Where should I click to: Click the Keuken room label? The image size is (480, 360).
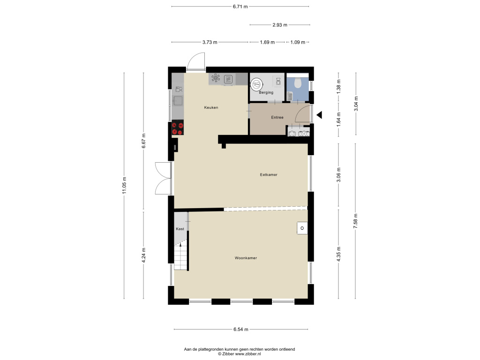point(211,107)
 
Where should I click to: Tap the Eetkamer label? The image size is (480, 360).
point(269,175)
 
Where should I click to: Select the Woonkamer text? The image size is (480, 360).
point(246,258)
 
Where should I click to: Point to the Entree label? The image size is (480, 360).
point(277,117)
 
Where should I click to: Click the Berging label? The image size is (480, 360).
point(266,92)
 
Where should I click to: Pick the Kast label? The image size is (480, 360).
point(180,229)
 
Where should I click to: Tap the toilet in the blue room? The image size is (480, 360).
point(298,82)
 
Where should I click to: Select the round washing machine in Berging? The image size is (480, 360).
point(256,84)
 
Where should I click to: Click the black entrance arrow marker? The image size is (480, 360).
point(319,115)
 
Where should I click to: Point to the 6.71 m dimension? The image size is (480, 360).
point(240,7)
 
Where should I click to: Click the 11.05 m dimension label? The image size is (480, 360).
point(124,186)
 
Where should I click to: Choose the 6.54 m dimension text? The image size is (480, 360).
point(241,330)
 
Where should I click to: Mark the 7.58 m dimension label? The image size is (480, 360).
point(355,221)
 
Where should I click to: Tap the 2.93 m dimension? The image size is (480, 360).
point(280,25)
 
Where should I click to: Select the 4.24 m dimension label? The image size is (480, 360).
point(143,255)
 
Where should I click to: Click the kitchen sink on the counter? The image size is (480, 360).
point(178,101)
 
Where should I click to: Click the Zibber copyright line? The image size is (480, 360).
point(240,354)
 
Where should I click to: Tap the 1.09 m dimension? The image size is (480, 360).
point(298,42)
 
